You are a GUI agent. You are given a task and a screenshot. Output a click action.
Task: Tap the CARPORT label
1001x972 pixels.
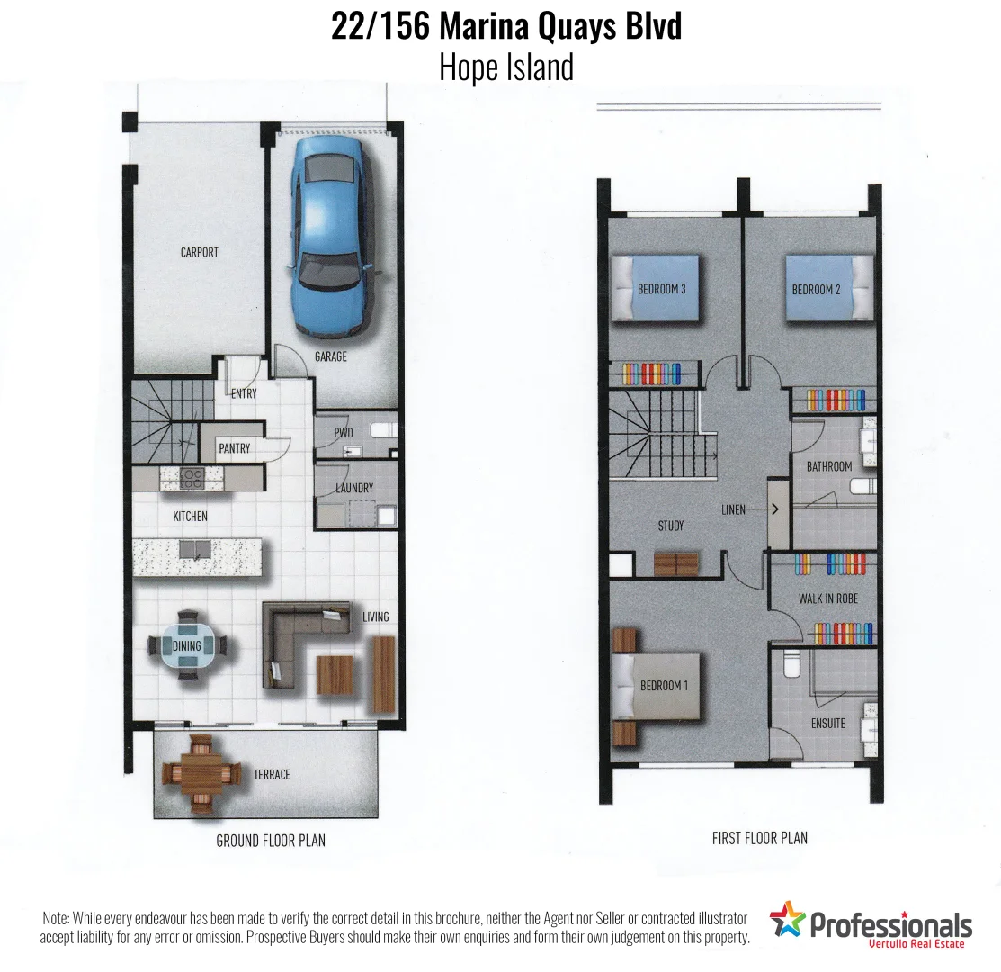click(199, 252)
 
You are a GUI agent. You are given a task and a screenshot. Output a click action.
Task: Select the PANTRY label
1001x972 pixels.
click(234, 448)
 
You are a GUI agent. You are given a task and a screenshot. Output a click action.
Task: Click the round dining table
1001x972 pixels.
click(188, 645)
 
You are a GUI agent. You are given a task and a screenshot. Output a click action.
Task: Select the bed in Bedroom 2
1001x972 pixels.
click(827, 288)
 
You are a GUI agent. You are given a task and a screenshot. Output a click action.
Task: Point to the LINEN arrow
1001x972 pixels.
click(761, 509)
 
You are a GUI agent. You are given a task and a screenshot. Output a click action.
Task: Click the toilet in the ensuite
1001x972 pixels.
click(791, 664)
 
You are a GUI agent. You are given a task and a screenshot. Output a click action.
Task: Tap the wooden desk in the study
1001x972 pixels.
click(675, 564)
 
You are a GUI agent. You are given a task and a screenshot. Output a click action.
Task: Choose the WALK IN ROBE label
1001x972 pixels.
click(828, 598)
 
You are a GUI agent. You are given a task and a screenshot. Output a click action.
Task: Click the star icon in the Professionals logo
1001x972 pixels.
click(787, 920)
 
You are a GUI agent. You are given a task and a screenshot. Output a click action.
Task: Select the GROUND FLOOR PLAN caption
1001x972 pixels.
click(271, 841)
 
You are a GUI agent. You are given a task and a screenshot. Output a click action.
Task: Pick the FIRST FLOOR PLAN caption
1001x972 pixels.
click(759, 838)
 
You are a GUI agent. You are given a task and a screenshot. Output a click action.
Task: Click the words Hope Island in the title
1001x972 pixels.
click(505, 67)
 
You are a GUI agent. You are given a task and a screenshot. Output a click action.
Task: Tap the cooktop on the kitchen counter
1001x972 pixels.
click(192, 478)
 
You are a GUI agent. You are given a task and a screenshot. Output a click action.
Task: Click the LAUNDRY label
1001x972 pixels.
click(354, 488)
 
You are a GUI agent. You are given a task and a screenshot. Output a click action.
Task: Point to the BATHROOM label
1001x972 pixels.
click(828, 466)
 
